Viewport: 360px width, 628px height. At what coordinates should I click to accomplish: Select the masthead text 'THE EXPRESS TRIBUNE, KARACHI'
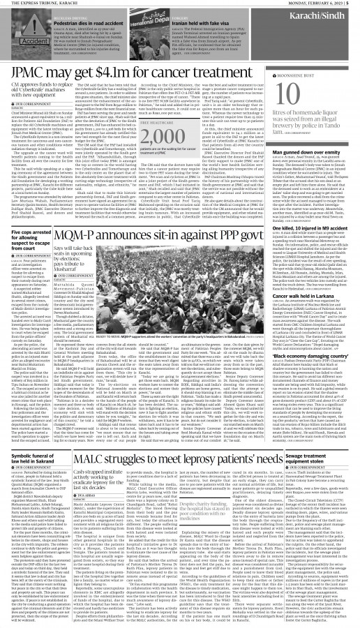point(42,4)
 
